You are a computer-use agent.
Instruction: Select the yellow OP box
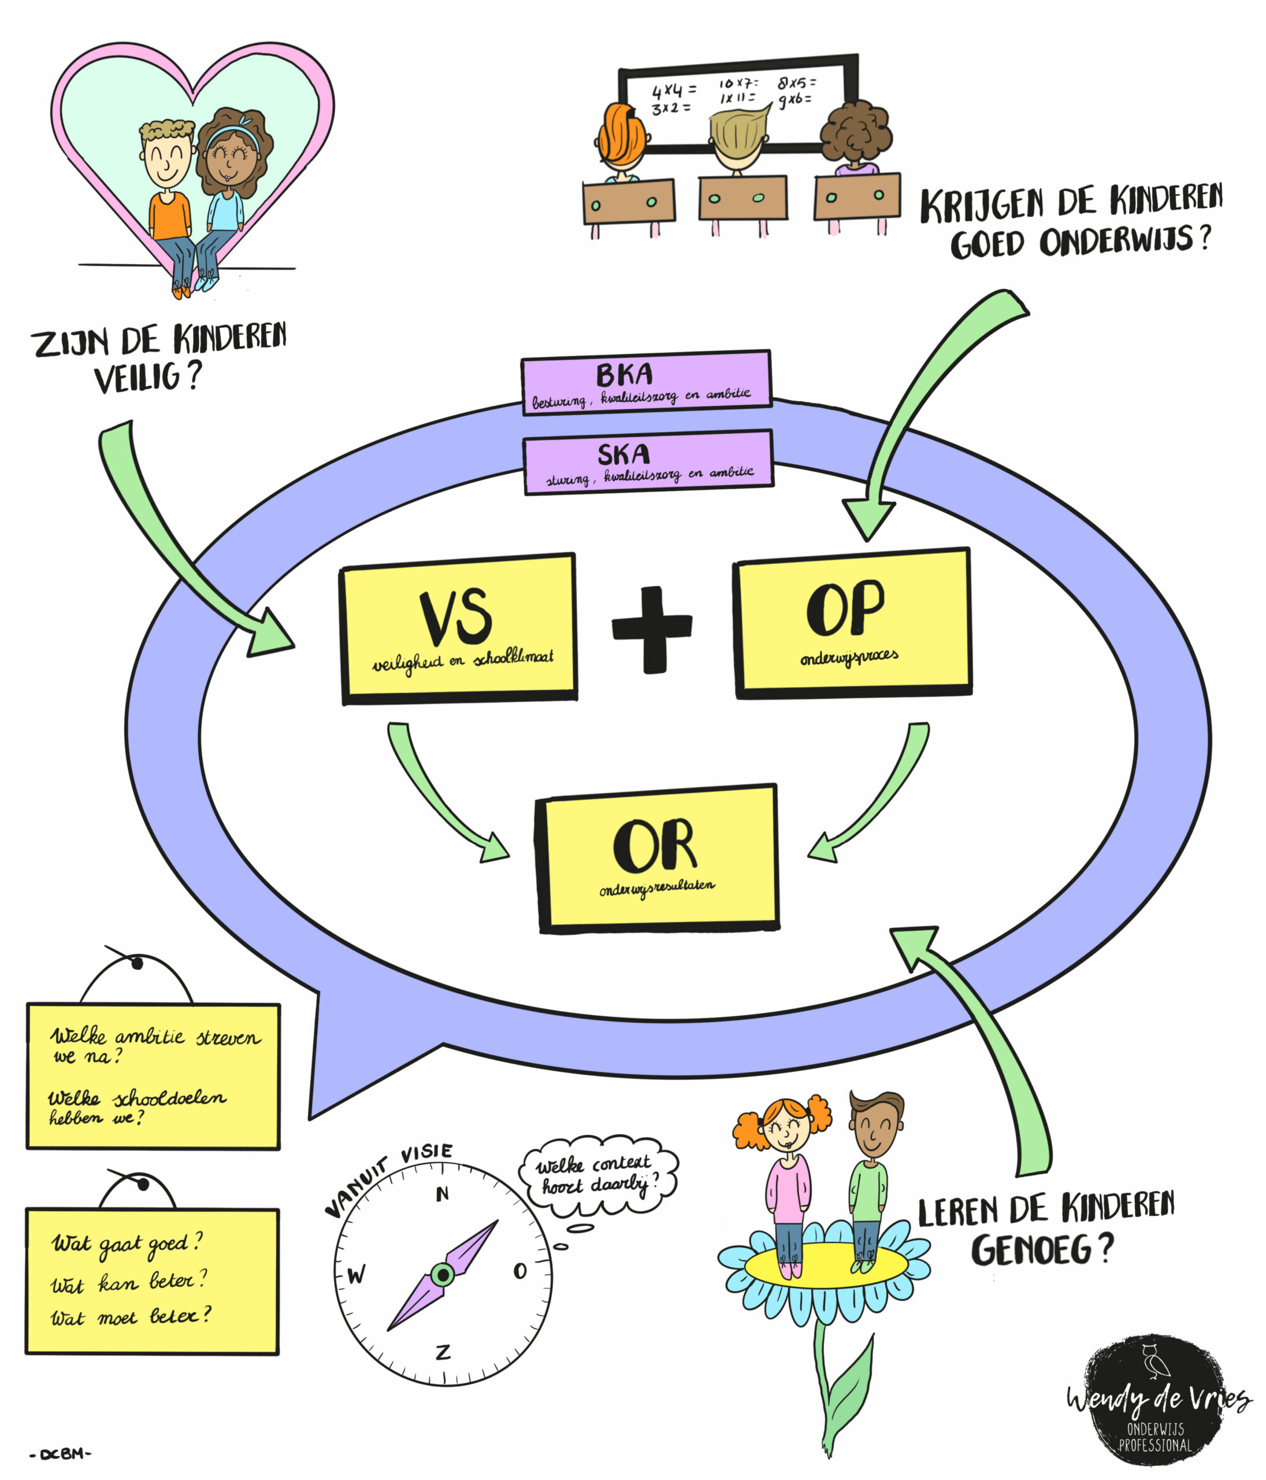tap(852, 621)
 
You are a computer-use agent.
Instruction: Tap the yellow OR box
tap(657, 857)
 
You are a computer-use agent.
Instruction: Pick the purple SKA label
tap(648, 461)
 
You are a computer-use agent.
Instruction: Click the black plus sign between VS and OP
tap(652, 628)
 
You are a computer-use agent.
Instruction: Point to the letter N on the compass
tap(443, 1194)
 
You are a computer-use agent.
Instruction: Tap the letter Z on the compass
tap(443, 1352)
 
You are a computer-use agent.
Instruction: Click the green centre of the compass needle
tap(443, 1274)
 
